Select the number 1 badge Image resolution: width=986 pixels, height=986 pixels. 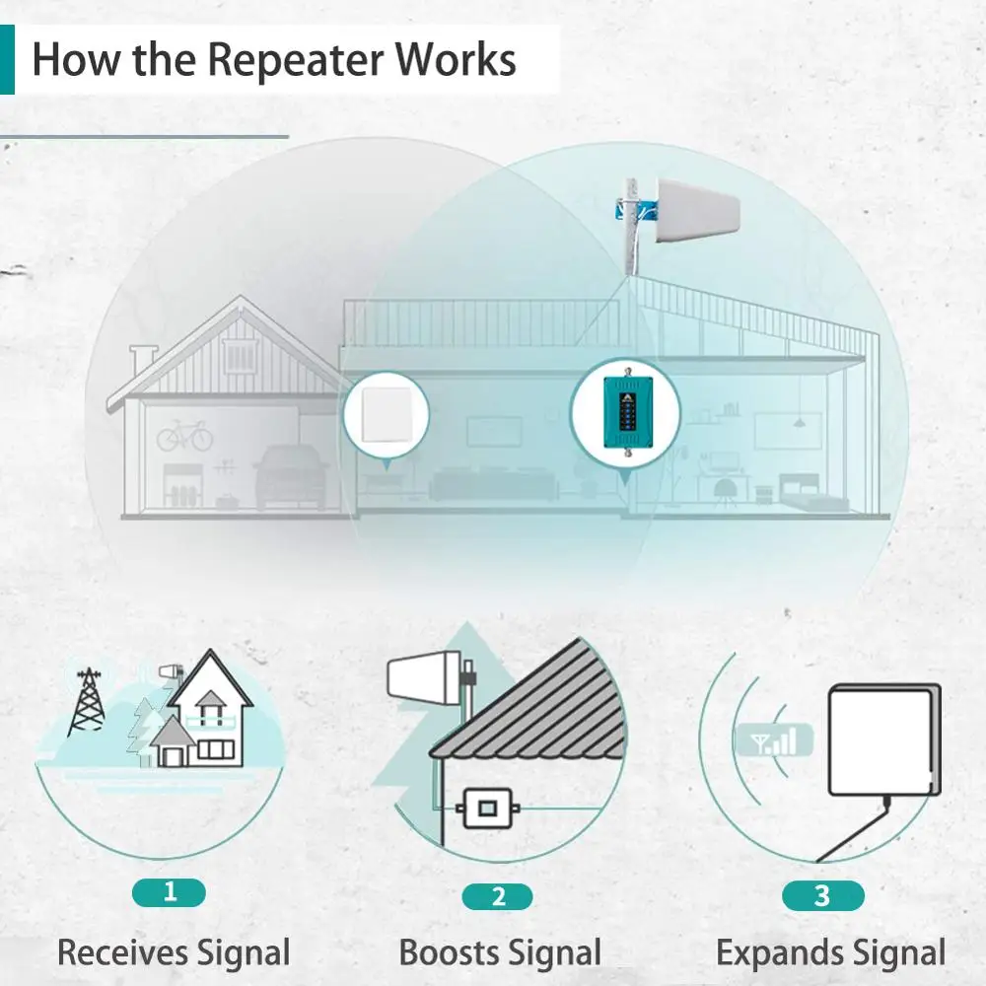coord(170,892)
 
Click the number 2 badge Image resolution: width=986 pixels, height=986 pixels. coord(497,896)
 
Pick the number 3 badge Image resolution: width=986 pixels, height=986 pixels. coord(822,895)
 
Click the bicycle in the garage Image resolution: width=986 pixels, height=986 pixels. coord(185,435)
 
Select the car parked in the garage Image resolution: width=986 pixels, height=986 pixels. coord(291,476)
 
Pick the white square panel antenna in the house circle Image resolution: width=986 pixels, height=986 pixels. coord(387,414)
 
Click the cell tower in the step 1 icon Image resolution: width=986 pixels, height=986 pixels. coord(88,702)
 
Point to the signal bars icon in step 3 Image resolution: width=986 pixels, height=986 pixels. coord(774,740)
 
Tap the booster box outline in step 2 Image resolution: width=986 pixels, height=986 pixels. coord(487,809)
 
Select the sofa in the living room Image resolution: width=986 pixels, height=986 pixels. coord(493,483)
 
